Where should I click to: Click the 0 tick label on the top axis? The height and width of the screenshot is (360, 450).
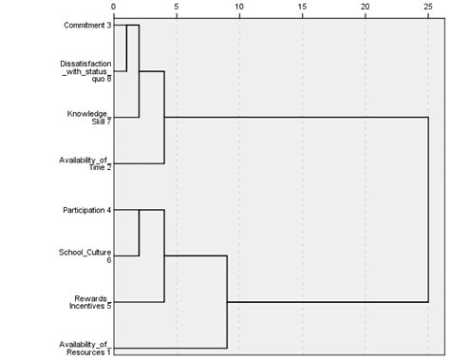point(114,7)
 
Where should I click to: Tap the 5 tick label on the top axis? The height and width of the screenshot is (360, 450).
point(177,7)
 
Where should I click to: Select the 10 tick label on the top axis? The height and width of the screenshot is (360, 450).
point(239,7)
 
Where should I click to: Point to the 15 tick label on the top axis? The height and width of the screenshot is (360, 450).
point(302,7)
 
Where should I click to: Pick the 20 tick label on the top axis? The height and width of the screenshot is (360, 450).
point(365,7)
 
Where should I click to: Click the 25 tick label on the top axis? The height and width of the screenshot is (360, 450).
point(427,7)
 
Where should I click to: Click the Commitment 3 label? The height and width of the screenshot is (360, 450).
point(82,25)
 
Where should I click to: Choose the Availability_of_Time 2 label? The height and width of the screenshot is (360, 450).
point(84,163)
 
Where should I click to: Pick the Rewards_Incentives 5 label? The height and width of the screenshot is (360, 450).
point(88,302)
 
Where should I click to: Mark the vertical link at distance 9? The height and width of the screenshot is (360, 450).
point(227,302)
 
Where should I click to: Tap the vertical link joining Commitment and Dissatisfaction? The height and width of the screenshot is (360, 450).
point(126,47)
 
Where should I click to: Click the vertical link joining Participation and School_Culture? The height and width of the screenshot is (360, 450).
point(140,233)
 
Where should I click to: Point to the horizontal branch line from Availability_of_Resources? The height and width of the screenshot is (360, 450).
point(171,349)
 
